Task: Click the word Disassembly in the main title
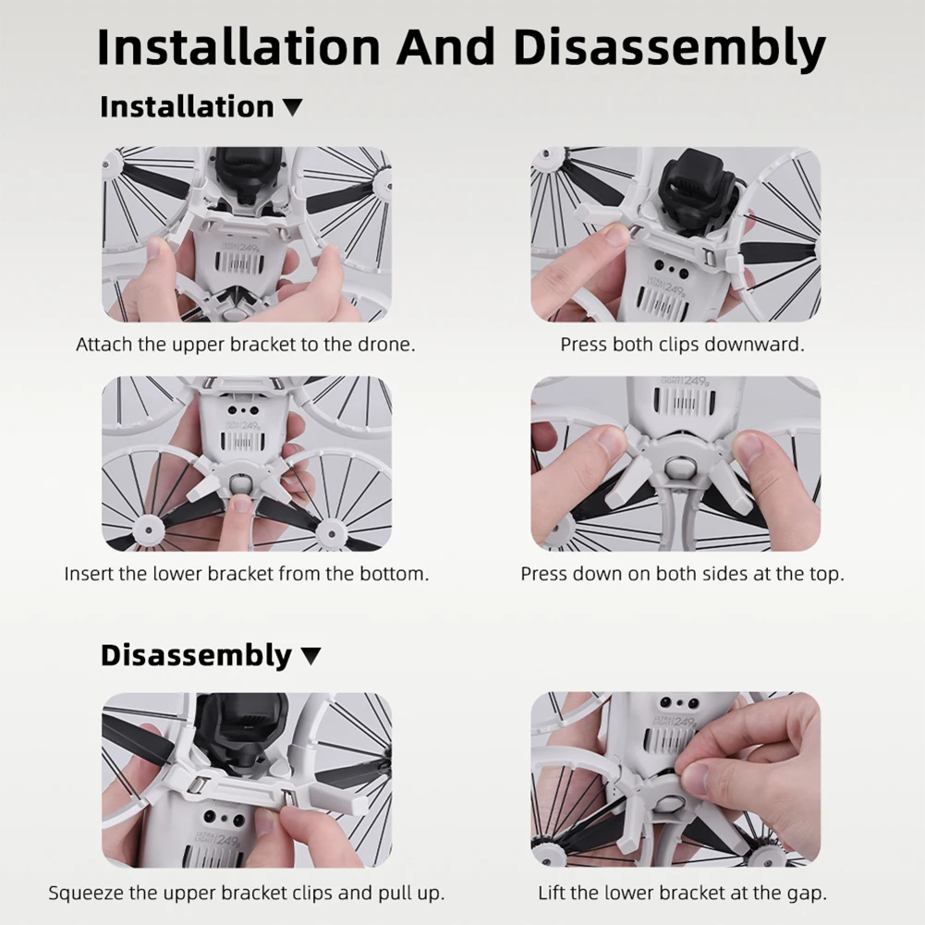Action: coord(669,47)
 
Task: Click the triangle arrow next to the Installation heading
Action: coord(292,107)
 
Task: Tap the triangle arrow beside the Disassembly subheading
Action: coord(310,656)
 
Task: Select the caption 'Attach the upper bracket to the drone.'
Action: coord(246,345)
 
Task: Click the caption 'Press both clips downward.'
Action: coord(682,345)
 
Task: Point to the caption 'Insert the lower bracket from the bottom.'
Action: coord(247,574)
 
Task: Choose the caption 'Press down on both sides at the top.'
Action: coord(683,574)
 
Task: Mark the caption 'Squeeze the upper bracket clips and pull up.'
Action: coord(247,893)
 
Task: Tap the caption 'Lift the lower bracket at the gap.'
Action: coord(683,893)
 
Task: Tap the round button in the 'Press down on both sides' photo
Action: coord(677,468)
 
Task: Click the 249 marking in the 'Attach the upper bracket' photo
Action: coord(249,248)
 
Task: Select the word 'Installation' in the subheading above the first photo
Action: coord(187,107)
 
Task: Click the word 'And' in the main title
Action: coord(445,47)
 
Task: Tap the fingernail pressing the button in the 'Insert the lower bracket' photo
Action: coord(240,504)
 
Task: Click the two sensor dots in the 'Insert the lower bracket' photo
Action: coord(243,410)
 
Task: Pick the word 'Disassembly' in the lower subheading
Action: coord(196,655)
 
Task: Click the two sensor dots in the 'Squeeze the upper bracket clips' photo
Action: coord(225,818)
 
